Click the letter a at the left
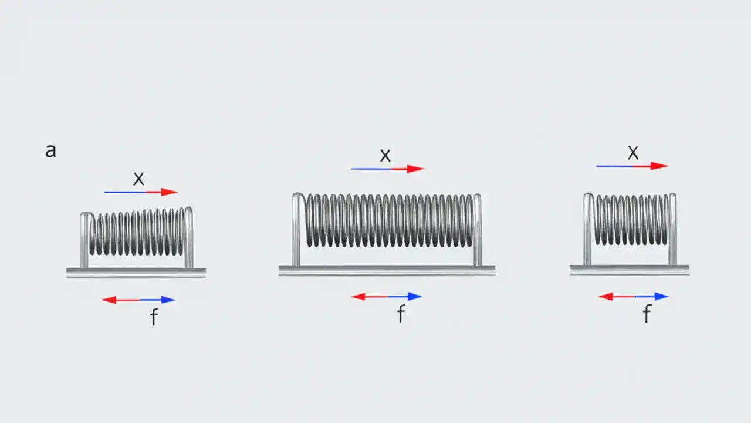50,151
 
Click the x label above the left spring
138,179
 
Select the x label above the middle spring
385,156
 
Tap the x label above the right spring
633,153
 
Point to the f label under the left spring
154,317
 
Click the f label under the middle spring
401,314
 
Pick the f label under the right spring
647,314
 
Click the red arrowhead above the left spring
170,192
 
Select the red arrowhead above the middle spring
416,169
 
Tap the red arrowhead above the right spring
661,166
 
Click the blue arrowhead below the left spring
168,300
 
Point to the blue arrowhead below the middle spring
415,297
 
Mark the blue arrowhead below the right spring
661,297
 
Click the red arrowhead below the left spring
109,300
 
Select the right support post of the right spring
672,229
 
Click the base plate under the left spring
136,272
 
